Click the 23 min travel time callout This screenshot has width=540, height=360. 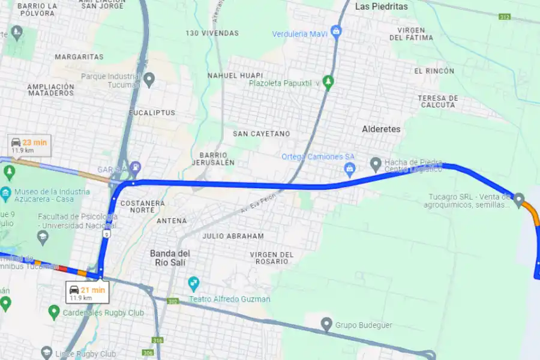29,146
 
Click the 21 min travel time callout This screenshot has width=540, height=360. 87,293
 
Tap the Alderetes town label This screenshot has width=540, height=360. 381,129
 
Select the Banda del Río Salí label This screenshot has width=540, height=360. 170,257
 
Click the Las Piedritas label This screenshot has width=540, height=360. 381,7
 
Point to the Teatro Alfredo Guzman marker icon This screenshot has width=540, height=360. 193,282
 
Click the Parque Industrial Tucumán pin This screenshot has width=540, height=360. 149,79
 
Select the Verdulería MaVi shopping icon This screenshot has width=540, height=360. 336,30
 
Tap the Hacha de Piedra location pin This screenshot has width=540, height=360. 376,163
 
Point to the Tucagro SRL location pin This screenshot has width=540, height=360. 519,198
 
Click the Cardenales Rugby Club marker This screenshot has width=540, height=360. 54,311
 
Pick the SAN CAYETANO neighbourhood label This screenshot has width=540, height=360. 261,133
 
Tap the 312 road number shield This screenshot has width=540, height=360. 503,17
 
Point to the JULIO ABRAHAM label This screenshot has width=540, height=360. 233,236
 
